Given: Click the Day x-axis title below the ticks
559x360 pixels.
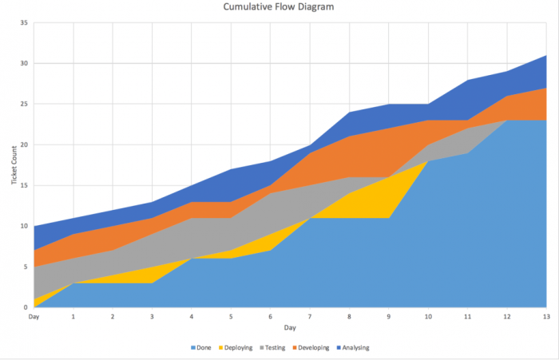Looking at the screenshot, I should [289, 327].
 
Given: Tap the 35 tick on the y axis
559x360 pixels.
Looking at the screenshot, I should [24, 23].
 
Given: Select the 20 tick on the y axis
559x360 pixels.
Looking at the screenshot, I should [24, 145].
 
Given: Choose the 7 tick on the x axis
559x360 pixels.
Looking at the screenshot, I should [309, 317].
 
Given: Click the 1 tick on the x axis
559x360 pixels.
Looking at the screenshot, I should [73, 317].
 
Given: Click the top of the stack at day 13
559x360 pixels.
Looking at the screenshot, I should [545, 56].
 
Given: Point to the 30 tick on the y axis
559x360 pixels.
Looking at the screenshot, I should [24, 64].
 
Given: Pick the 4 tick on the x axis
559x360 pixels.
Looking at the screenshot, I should [191, 317].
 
